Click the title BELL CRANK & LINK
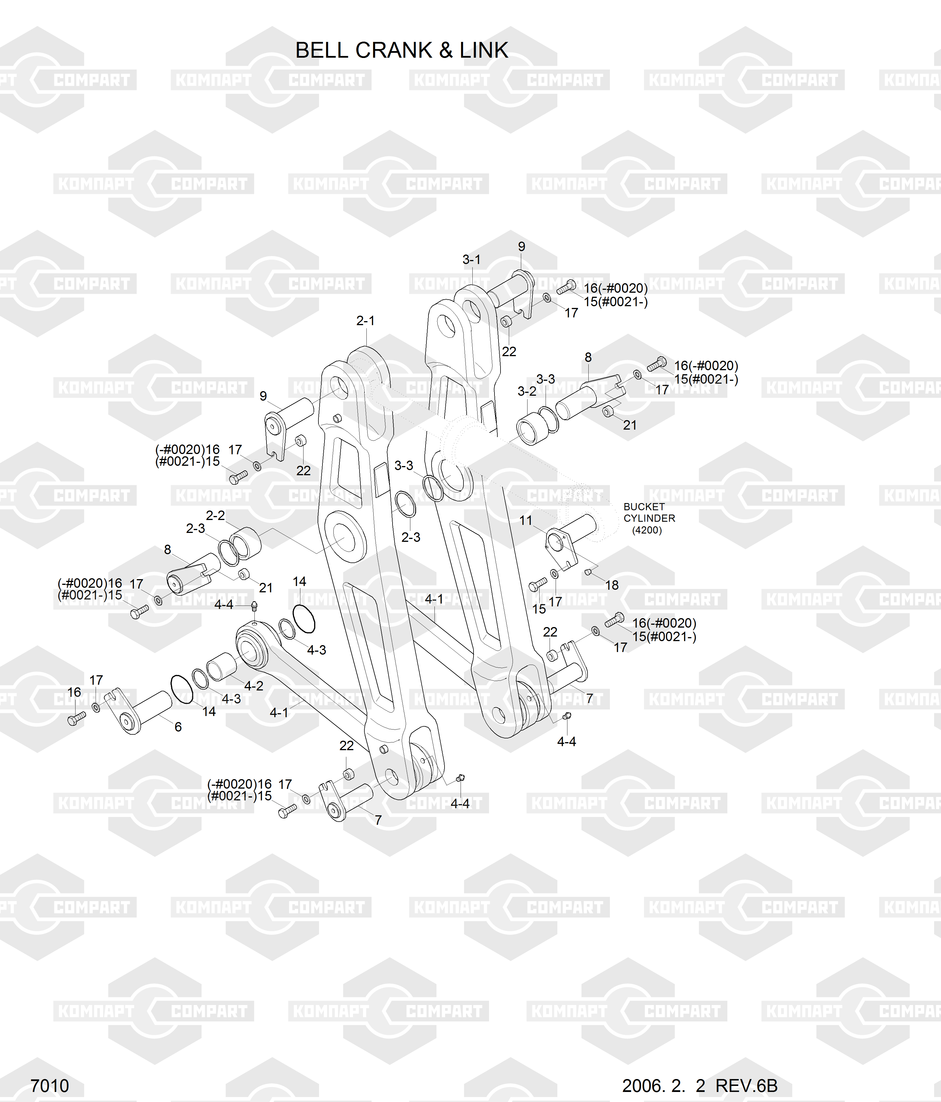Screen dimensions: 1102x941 point(401,51)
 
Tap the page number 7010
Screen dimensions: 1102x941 point(49,1086)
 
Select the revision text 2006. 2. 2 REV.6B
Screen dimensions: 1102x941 point(700,1086)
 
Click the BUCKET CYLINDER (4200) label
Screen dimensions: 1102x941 point(649,518)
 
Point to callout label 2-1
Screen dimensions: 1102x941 point(365,321)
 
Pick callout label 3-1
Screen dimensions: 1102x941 point(471,259)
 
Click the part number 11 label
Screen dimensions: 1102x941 point(526,520)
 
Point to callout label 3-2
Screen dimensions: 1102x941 point(527,391)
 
